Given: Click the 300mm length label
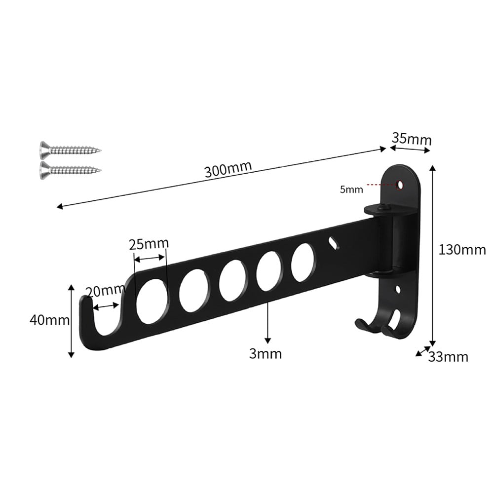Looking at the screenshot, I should click(228, 169).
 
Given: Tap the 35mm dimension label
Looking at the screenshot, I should click(411, 139).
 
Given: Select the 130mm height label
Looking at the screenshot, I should click(462, 250).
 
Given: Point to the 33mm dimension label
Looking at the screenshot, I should click(448, 356).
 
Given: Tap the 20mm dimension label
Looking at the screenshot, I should click(104, 291).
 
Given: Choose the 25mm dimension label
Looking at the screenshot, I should click(149, 243).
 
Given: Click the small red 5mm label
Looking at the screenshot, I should click(351, 189).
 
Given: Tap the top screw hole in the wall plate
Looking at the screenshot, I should click(400, 185).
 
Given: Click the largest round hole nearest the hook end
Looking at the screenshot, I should click(152, 301).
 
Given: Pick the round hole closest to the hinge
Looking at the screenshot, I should click(302, 262).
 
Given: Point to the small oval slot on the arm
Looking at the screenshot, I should click(334, 243).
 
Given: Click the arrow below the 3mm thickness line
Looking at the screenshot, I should click(267, 340).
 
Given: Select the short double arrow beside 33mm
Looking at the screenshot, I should click(421, 351).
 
